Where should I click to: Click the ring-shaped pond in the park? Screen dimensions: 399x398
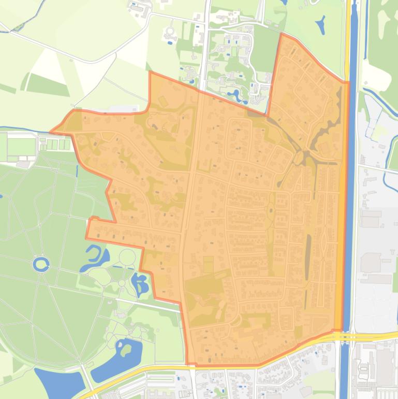click(41, 265)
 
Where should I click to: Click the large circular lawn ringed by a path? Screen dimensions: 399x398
click(127, 256)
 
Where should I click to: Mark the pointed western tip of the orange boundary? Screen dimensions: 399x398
click(51, 132)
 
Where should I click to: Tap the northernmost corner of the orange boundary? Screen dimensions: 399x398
click(281, 34)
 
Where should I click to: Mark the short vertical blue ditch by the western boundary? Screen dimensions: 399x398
click(77, 170)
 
